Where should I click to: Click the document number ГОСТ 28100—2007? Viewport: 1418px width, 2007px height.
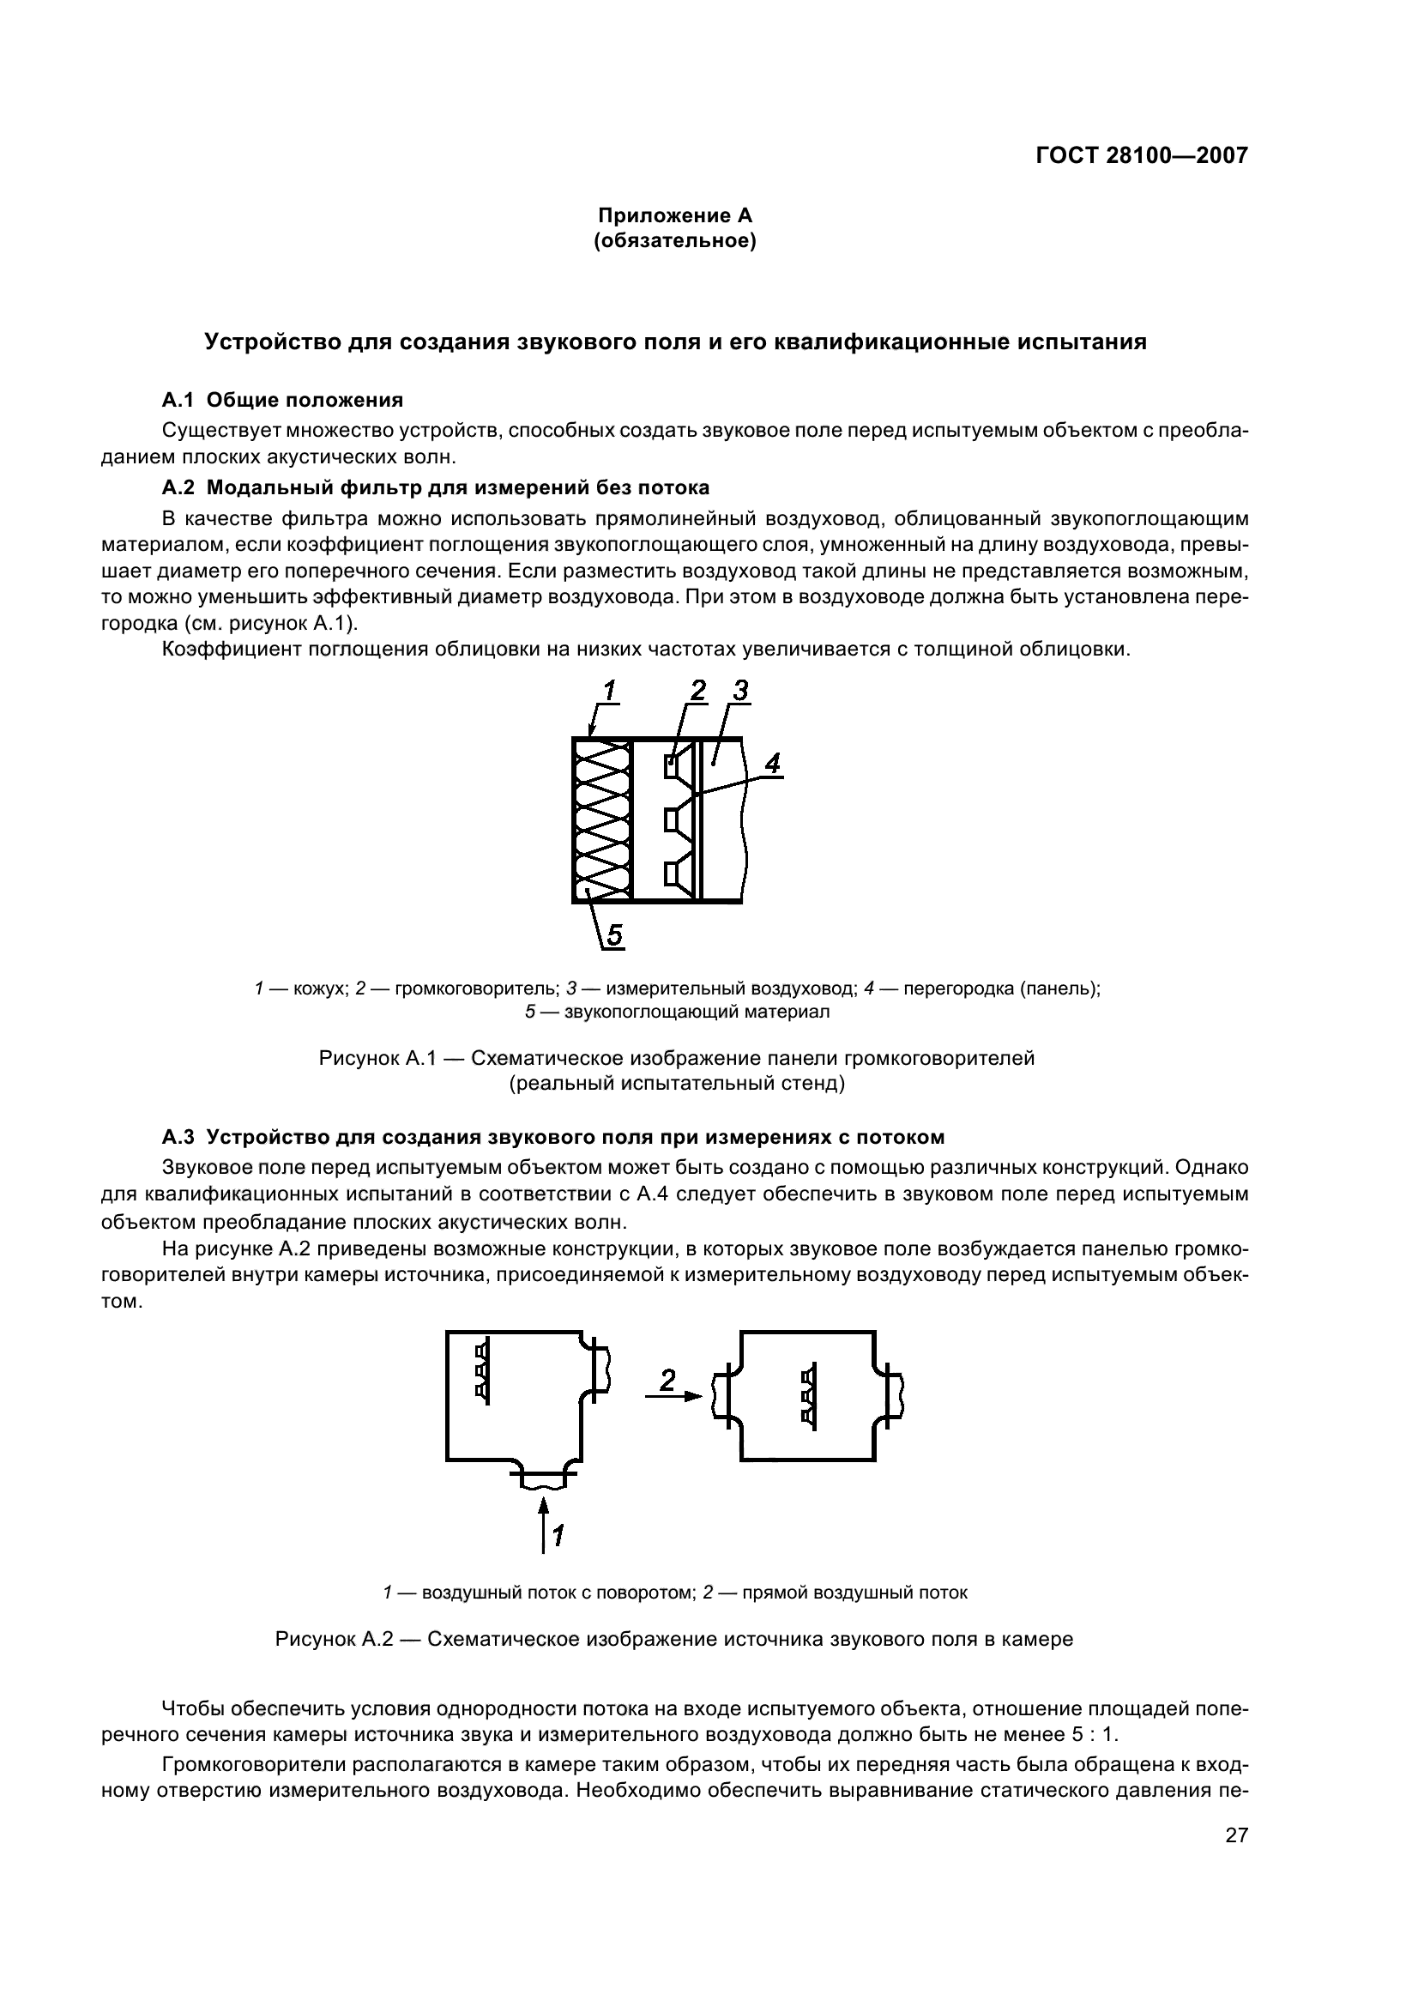point(1141,155)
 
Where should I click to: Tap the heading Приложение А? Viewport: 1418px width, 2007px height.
point(674,215)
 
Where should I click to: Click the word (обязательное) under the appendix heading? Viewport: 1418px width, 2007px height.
point(674,240)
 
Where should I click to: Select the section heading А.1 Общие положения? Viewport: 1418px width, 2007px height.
point(282,401)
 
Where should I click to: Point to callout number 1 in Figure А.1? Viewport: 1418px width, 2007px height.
point(609,692)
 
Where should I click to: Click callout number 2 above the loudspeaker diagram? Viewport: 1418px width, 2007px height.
point(697,692)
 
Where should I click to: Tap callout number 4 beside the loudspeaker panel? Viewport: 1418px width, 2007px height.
point(772,764)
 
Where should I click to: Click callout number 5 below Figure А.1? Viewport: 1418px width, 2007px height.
point(614,936)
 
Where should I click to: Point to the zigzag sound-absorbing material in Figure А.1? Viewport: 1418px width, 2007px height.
point(603,820)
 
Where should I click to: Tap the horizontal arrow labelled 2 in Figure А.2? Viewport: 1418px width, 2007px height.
point(673,1396)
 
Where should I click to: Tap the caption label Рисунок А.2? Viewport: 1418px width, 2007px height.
point(335,1639)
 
